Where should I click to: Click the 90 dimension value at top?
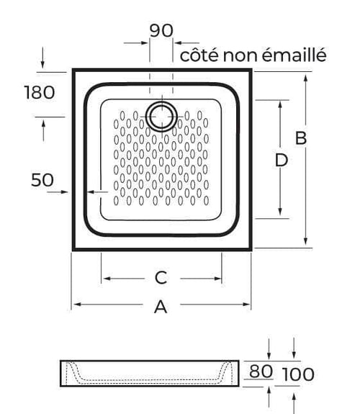point(161,30)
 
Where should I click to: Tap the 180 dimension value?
point(40,92)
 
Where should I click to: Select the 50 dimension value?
point(42,180)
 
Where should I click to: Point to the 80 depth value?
point(261,372)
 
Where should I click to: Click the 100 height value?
point(298,374)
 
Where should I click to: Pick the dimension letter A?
point(161,307)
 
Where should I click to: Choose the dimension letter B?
point(301,138)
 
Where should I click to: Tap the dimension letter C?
point(161,278)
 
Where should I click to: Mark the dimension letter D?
point(282,161)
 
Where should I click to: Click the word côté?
point(199,55)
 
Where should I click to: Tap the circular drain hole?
point(162,117)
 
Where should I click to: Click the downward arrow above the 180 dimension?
point(42,58)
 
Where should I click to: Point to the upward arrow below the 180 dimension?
point(44,130)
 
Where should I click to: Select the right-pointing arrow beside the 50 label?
point(58,192)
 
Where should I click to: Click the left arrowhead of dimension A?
point(77,305)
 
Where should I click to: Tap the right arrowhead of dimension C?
point(217,279)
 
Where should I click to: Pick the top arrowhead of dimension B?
point(305,78)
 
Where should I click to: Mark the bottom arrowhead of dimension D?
point(281,212)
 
